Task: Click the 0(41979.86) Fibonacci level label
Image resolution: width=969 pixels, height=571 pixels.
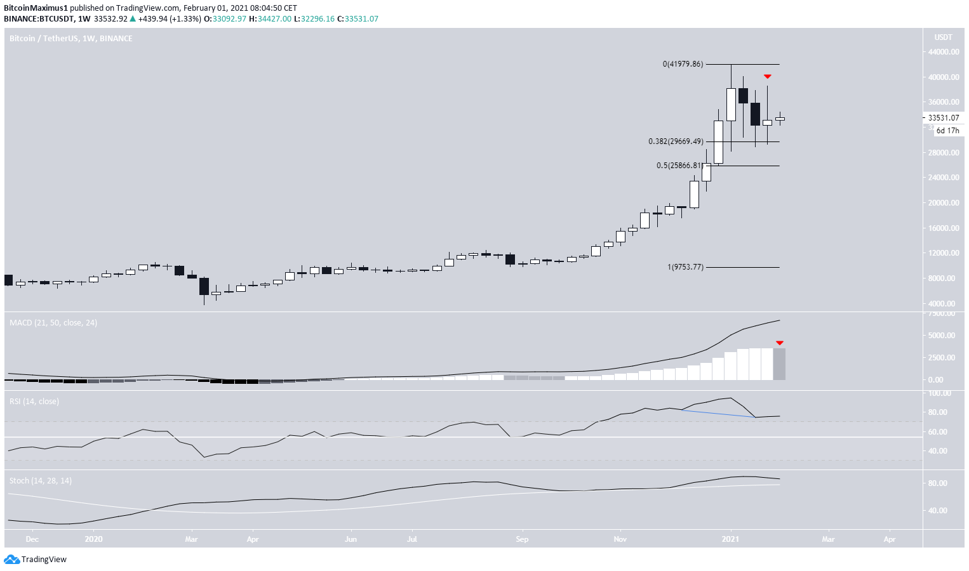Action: coord(683,64)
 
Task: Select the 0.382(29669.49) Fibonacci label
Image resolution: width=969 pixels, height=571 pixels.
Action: coord(676,141)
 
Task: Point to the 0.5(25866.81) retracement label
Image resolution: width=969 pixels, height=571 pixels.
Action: coord(679,166)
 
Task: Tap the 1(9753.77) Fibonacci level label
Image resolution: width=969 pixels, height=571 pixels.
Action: coord(685,267)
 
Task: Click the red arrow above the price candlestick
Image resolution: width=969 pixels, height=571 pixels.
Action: coord(767,76)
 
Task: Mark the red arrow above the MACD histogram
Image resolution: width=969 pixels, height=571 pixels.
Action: coord(779,343)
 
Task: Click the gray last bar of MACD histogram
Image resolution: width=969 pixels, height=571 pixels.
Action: coord(779,364)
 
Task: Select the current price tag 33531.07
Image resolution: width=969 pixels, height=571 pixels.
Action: coord(943,118)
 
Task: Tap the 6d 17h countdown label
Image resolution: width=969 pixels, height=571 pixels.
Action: coord(947,131)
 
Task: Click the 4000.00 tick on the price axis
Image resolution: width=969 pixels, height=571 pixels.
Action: coord(943,304)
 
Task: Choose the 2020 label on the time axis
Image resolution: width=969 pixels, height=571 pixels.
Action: coord(93,539)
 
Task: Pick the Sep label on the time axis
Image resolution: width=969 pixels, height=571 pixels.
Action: coord(522,539)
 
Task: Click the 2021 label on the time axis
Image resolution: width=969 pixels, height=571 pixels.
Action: coord(730,539)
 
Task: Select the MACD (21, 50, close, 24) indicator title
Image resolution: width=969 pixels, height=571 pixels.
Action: coord(53,323)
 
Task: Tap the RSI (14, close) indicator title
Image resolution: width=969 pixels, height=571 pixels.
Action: coord(34,402)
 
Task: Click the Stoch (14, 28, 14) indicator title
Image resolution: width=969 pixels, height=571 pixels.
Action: coord(41,481)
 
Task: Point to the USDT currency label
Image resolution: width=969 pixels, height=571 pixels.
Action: coord(943,37)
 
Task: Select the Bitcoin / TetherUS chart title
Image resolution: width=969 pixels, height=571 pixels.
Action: coord(70,39)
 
